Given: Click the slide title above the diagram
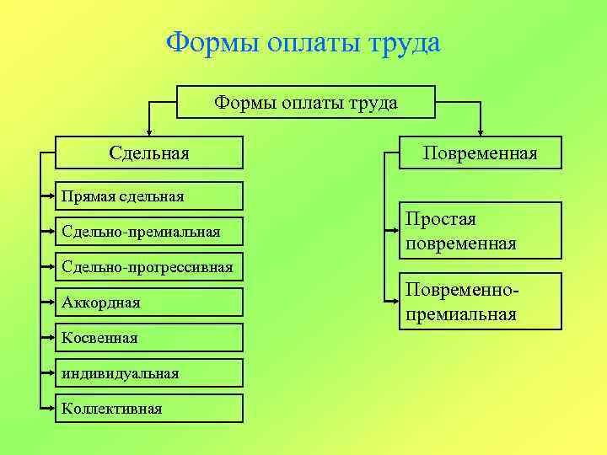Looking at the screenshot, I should click(303, 42).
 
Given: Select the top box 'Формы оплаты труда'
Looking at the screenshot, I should click(305, 103).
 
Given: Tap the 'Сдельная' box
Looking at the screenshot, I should click(149, 153).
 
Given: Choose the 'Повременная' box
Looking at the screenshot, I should click(480, 153).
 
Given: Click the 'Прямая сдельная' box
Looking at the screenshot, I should click(149, 196).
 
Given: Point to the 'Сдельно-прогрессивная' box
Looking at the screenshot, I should click(149, 267).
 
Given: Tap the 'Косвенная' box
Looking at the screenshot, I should click(149, 338).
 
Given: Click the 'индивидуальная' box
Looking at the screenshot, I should click(149, 373).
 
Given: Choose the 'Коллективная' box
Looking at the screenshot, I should click(149, 409).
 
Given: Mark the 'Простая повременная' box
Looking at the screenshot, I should click(480, 232).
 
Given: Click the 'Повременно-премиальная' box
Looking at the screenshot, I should click(480, 302).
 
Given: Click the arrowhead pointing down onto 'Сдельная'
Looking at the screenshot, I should click(149, 131).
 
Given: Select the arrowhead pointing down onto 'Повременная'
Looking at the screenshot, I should click(481, 131).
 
